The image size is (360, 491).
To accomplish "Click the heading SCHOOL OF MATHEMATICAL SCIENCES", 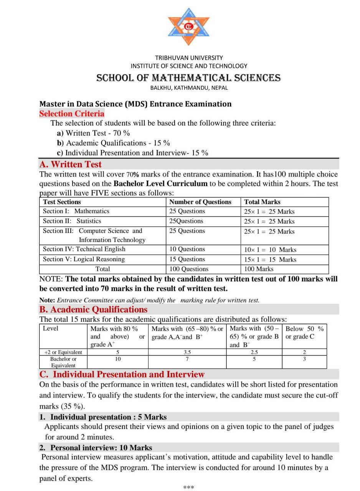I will [188, 78].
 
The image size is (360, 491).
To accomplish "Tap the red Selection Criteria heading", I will [72, 114].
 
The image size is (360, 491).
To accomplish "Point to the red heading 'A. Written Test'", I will [70, 164].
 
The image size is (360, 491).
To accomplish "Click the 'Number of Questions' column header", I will [200, 202].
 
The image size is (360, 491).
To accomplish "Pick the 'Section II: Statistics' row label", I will [72, 221].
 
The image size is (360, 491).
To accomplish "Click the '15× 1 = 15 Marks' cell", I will [270, 259].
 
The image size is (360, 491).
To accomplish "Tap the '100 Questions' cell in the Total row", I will [189, 269].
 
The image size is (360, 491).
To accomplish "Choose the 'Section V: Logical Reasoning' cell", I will [84, 259].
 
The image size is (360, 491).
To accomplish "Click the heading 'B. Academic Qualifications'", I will [93, 310].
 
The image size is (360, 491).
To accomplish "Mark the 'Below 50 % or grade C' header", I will [304, 333].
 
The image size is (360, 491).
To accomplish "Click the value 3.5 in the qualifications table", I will [187, 352].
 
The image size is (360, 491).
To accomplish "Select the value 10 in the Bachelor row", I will [118, 359].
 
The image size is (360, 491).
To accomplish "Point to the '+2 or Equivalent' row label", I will [63, 352].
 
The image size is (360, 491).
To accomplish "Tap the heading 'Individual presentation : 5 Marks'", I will [108, 417].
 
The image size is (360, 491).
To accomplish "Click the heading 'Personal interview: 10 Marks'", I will [101, 448].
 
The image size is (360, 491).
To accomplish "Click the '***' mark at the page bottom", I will [188, 488].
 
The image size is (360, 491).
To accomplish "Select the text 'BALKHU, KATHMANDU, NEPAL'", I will [189, 88].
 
